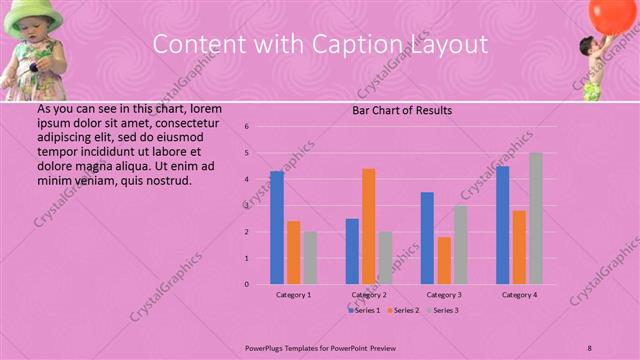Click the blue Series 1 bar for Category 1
277,228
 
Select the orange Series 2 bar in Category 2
368,226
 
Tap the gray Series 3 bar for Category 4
535,218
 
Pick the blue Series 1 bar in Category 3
427,238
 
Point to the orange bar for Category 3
444,260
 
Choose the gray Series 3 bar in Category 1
310,258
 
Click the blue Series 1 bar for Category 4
502,225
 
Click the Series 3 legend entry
443,311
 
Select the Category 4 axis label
519,295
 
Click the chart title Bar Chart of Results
402,111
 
